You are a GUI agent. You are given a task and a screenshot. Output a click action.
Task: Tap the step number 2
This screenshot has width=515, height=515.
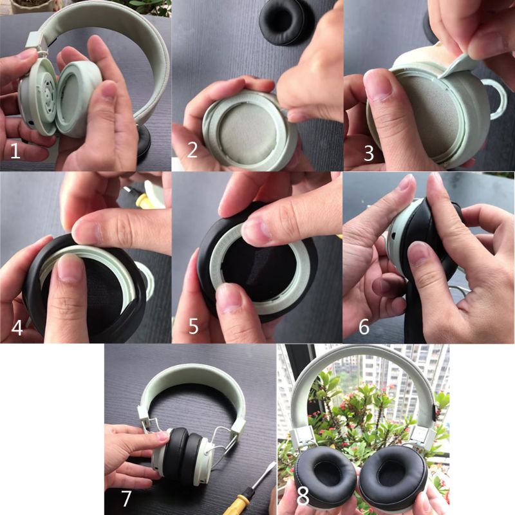coord(192,151)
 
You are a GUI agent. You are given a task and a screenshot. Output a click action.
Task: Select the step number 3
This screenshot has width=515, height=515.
coord(369,153)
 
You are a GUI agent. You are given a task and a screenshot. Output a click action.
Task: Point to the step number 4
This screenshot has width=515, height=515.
coord(17,328)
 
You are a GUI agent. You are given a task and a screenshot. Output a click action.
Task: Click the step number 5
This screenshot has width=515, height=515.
coord(193,327)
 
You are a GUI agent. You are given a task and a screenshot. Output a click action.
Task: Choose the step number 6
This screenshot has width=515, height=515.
coord(364,327)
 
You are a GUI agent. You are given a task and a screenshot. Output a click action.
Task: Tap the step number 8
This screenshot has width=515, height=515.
coord(302,498)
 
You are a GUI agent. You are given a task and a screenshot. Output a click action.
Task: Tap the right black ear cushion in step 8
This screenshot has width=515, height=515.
coord(393,476)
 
